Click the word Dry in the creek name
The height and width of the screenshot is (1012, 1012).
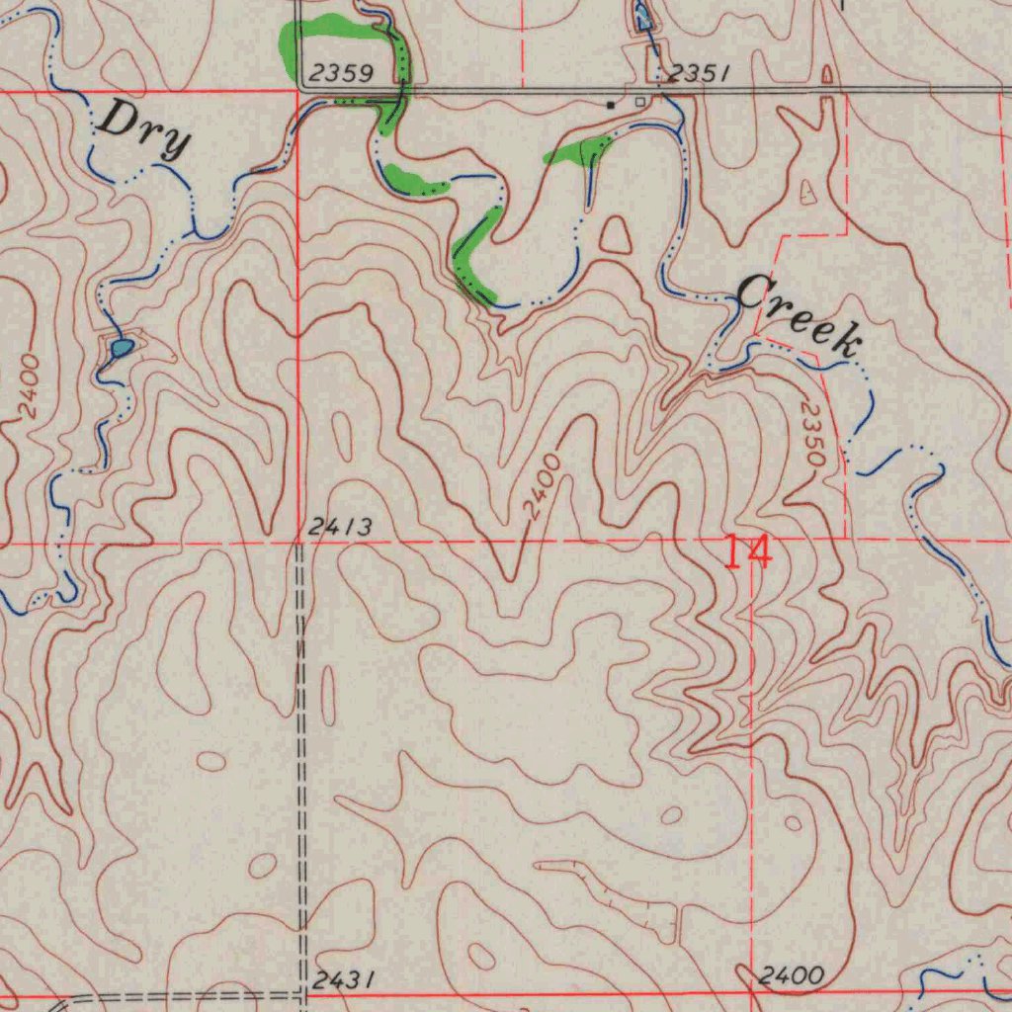(x=143, y=131)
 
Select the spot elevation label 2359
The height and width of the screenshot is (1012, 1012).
(x=339, y=73)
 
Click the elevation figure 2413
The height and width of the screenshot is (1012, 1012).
(x=339, y=529)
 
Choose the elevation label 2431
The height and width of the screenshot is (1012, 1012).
(x=343, y=979)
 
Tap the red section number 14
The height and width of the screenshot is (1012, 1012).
(x=747, y=551)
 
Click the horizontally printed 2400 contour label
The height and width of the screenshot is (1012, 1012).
(x=792, y=976)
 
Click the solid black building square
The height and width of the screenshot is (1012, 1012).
(x=611, y=104)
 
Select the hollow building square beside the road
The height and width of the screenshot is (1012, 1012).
(x=639, y=102)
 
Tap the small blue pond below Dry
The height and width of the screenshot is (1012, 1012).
(x=122, y=347)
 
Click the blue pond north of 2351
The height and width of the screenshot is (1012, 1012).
(x=642, y=15)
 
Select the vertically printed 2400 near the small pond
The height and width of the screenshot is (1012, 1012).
(x=29, y=385)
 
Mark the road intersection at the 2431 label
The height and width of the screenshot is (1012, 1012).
(x=302, y=994)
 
